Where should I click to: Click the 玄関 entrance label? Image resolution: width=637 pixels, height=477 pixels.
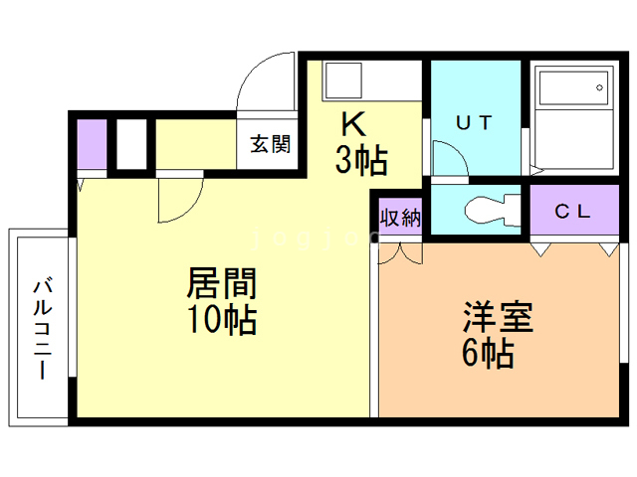click(x=270, y=145)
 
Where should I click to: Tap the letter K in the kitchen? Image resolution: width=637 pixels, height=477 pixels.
click(x=352, y=123)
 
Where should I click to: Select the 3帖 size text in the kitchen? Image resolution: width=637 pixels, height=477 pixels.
click(x=360, y=160)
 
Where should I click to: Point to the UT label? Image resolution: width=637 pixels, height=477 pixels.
click(x=475, y=123)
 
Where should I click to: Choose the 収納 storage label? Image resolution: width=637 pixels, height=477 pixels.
click(x=398, y=216)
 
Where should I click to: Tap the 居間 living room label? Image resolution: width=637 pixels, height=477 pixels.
click(x=222, y=284)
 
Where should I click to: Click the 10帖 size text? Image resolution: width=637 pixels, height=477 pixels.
click(x=222, y=320)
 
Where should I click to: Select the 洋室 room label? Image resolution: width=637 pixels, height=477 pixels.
click(x=498, y=317)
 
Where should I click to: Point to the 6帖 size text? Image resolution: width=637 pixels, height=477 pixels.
click(x=488, y=353)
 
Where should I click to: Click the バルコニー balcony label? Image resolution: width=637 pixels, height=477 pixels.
click(x=42, y=328)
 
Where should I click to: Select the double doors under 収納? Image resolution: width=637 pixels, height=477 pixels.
click(x=400, y=252)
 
